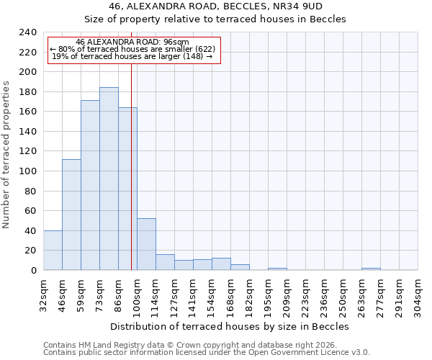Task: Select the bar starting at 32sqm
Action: (53, 250)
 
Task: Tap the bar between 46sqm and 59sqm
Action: (71, 215)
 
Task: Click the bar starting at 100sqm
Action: (146, 244)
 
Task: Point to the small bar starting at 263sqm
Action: (371, 269)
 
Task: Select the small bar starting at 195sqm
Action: (277, 269)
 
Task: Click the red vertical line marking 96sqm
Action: (131, 158)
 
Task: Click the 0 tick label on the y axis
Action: (33, 270)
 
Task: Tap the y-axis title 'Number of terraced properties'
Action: (6, 155)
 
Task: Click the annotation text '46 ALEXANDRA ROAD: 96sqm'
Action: (132, 42)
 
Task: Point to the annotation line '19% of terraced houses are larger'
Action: (132, 56)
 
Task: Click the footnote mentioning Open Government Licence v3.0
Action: (207, 353)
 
